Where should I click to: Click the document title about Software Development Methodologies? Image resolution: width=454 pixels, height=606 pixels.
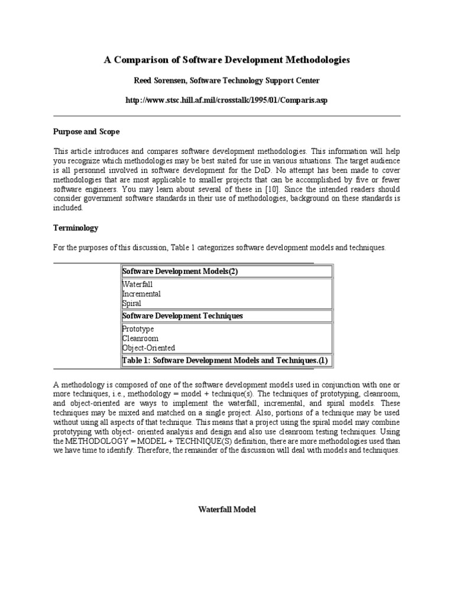(x=227, y=60)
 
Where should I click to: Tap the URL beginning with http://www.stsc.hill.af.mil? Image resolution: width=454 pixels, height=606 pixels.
(x=227, y=100)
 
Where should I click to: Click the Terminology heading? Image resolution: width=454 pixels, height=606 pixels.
(x=76, y=228)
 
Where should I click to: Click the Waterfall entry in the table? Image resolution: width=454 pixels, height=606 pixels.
(x=137, y=285)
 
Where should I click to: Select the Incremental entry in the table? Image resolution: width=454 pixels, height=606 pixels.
(x=141, y=294)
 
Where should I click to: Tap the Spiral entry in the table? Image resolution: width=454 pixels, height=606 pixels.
(x=132, y=304)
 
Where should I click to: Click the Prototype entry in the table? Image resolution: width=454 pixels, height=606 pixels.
(x=138, y=329)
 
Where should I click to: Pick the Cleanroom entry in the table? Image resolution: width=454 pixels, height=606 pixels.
(x=140, y=339)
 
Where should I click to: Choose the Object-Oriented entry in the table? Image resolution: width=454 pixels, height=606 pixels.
(x=148, y=348)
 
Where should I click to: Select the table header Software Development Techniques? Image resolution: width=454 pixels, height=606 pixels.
(x=182, y=316)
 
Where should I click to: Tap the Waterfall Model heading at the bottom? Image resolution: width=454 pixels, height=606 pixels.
(x=227, y=510)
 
